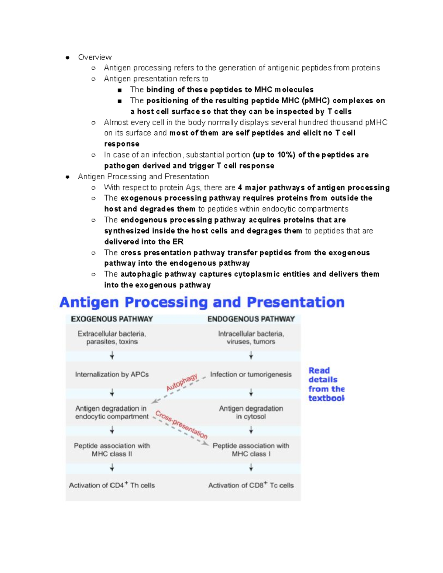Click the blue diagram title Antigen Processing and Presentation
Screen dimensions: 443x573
pos(202,302)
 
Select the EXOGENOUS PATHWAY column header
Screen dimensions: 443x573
pos(112,319)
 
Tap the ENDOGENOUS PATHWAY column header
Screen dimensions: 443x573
pos(251,319)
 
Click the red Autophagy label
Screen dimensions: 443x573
pos(182,383)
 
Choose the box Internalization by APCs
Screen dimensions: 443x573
pos(112,374)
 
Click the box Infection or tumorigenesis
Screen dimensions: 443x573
pos(251,374)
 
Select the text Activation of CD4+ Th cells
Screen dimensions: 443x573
pos(112,485)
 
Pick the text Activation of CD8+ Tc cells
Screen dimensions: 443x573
pos(251,485)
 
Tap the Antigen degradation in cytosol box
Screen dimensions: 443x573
pos(251,413)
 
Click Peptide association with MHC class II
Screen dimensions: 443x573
pos(112,450)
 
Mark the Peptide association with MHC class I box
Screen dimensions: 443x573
pos(251,450)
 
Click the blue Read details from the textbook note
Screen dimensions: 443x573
pos(326,384)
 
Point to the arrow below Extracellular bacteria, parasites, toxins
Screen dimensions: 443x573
pos(112,356)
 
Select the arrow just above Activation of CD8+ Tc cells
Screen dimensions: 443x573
pos(251,468)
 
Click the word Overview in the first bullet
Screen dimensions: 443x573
pos(95,57)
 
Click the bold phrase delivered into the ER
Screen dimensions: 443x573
pos(144,242)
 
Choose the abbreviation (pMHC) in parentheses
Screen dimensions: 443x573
pos(315,100)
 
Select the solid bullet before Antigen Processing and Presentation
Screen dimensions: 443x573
pos(68,177)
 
